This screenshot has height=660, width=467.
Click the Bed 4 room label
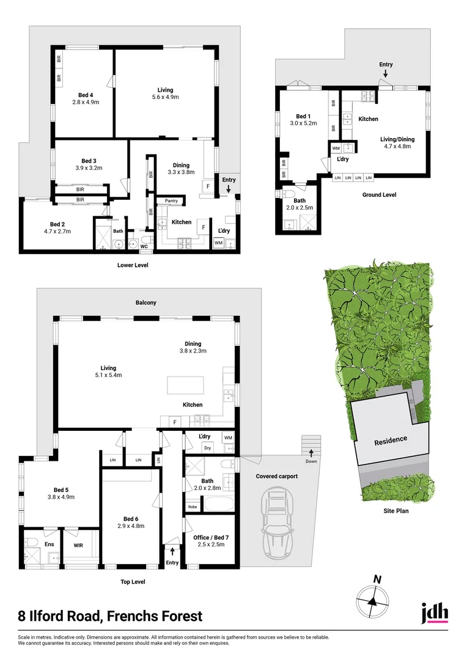pos(86,95)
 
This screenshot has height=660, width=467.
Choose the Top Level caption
pos(133,582)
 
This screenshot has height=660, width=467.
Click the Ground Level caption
pos(380,195)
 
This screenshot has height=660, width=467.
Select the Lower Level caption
pos(133,265)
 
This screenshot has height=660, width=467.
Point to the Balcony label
pos(146,302)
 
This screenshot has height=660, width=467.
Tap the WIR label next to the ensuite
pos(79,544)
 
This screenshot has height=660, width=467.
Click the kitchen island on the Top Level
pos(186,386)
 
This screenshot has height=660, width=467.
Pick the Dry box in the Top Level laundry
pos(208,448)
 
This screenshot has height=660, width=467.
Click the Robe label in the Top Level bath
pos(193,507)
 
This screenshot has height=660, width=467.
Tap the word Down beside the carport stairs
pos(311,462)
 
